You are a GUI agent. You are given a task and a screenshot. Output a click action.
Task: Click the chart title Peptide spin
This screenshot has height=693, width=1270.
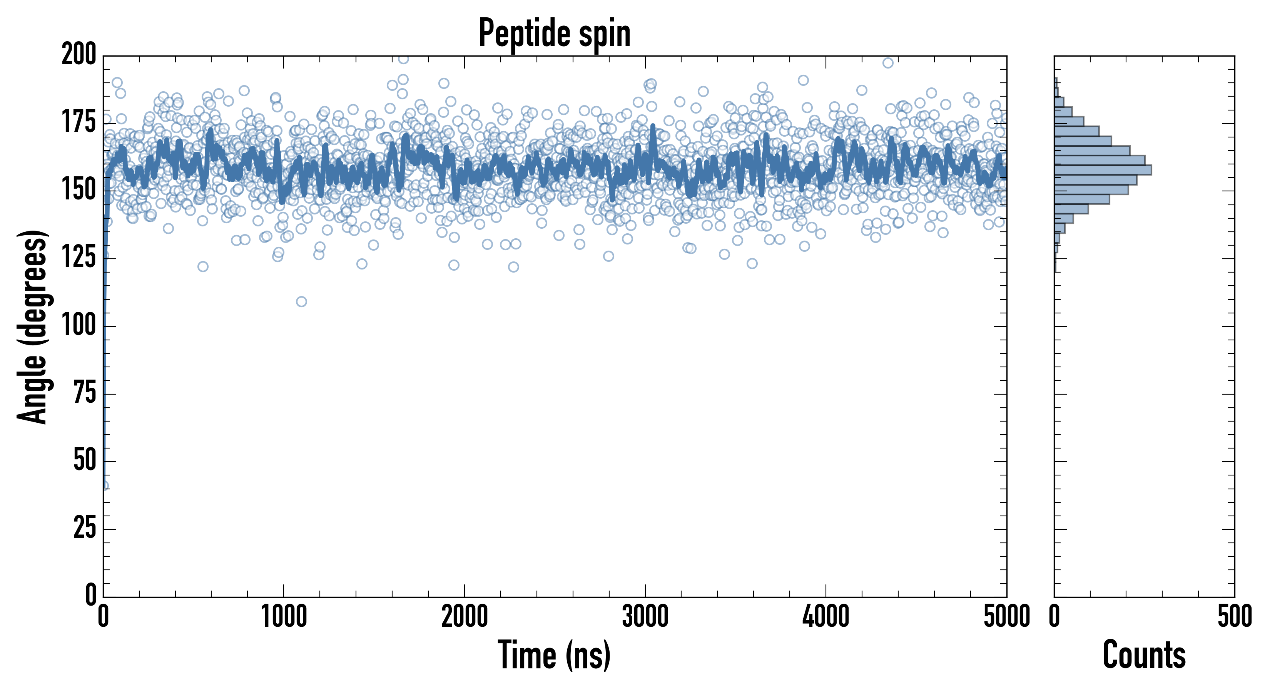point(555,33)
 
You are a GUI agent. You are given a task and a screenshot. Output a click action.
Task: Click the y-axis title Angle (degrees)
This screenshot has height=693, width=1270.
point(33,326)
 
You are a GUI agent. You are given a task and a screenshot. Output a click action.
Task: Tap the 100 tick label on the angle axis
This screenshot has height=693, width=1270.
point(79,326)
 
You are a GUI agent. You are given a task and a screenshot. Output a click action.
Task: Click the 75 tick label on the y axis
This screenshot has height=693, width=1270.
point(85,393)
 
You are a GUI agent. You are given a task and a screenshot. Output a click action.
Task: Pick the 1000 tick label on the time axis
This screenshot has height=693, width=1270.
point(284,616)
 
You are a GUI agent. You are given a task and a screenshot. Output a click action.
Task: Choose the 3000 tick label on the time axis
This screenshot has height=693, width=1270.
point(645,616)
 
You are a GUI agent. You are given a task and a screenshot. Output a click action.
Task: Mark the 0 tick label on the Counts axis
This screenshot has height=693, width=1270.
point(1054,616)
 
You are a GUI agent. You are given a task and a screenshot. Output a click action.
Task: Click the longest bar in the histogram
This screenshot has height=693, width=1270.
point(1103,170)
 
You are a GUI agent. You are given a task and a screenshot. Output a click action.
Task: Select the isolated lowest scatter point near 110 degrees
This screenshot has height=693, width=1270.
point(301,301)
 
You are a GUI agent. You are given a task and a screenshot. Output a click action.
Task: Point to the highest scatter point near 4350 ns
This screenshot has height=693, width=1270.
point(888,63)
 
